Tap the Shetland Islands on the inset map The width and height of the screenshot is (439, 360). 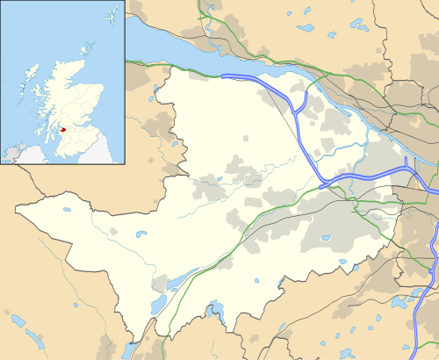(x=112, y=16)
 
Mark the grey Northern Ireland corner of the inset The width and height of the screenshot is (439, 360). (x=12, y=155)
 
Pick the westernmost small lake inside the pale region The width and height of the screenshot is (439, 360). (x=67, y=209)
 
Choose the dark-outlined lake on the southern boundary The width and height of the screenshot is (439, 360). (x=212, y=308)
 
